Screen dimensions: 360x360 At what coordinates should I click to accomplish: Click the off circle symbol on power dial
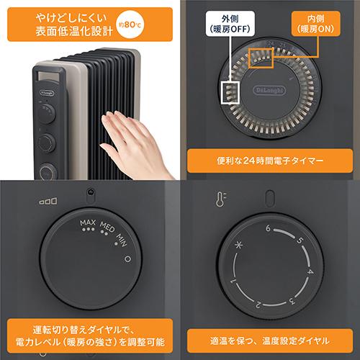tap(127, 259)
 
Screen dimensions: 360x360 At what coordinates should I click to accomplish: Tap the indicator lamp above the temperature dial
tap(270, 197)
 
